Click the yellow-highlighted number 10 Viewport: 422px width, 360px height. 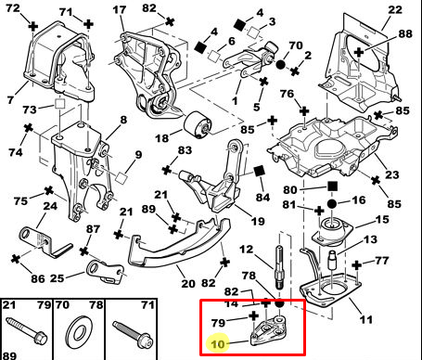click(218, 344)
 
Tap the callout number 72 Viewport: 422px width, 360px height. click(13, 8)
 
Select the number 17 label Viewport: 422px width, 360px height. click(120, 9)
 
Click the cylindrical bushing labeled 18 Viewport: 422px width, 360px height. click(198, 124)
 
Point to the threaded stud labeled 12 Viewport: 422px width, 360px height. click(279, 266)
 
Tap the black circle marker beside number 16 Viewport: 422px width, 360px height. click(332, 204)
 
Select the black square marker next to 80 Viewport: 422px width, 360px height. click(332, 186)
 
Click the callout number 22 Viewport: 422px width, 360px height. click(395, 9)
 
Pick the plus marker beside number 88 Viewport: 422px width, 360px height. click(359, 52)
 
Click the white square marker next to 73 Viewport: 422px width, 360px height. click(59, 104)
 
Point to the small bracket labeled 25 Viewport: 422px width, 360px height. click(106, 272)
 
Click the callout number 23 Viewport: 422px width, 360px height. click(391, 175)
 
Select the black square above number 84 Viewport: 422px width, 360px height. click(259, 171)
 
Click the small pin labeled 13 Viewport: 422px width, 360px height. click(332, 260)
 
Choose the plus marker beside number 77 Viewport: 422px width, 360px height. click(357, 265)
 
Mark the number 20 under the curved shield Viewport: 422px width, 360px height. click(188, 283)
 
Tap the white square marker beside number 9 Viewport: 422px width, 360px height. click(121, 177)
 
